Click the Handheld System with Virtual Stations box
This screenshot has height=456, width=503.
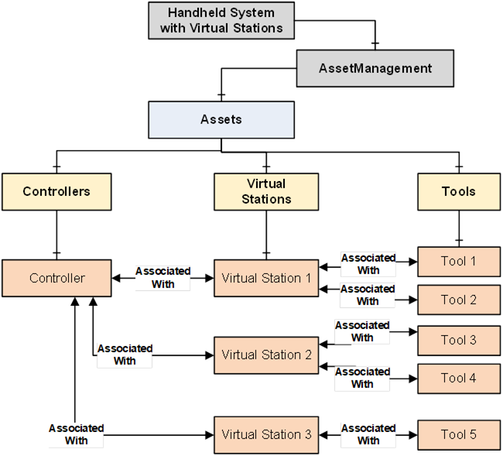[221, 21]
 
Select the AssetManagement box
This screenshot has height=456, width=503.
[375, 68]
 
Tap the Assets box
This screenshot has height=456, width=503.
[221, 119]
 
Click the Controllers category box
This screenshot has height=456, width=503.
[56, 191]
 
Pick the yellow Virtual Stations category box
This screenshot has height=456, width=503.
[265, 191]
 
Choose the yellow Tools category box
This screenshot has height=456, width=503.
[458, 191]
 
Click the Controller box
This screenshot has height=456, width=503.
[56, 278]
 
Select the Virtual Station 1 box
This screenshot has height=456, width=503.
[265, 278]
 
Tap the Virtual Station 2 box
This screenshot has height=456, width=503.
[265, 355]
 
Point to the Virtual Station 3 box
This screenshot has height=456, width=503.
[265, 434]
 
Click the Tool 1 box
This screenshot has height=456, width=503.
[458, 261]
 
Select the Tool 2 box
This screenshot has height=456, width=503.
[458, 300]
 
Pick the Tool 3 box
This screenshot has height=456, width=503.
[458, 340]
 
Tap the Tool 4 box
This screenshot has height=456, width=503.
[458, 378]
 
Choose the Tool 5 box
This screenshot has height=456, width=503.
[458, 434]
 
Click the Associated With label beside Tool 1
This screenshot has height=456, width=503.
[368, 264]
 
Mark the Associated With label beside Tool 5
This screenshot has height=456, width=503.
[368, 434]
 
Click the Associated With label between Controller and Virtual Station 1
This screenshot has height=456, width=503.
[163, 277]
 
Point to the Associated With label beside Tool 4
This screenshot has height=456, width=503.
[362, 378]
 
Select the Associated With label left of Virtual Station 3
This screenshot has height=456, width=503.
[76, 434]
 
